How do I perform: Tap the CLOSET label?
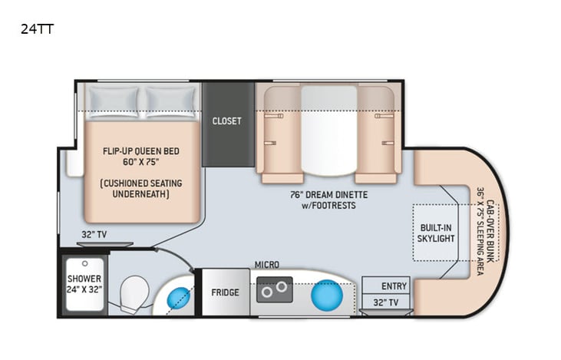pyautogui.click(x=227, y=121)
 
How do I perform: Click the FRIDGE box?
pyautogui.click(x=225, y=292)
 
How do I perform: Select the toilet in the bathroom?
pyautogui.click(x=135, y=292)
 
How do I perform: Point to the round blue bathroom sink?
pyautogui.click(x=179, y=296)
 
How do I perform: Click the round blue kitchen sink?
pyautogui.click(x=326, y=293)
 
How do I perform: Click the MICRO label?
pyautogui.click(x=266, y=264)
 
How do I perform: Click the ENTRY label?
pyautogui.click(x=394, y=286)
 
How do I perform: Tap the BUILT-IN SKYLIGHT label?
pyautogui.click(x=437, y=233)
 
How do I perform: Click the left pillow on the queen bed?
pyautogui.click(x=113, y=101)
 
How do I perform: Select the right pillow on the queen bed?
pyautogui.click(x=170, y=101)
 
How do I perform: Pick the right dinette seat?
pyautogui.click(x=378, y=134)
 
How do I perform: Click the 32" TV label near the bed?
pyautogui.click(x=94, y=235)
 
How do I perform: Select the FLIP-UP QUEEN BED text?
pyautogui.click(x=141, y=151)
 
